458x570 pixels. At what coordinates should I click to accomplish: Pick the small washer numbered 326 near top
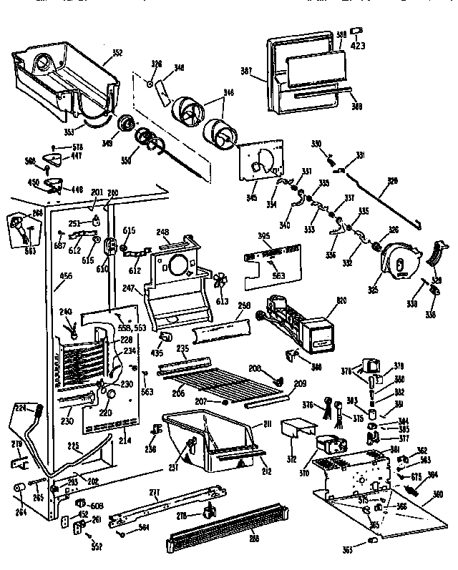click(151, 84)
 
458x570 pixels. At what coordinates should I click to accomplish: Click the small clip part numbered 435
click(165, 335)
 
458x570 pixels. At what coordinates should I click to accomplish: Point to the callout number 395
click(263, 235)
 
